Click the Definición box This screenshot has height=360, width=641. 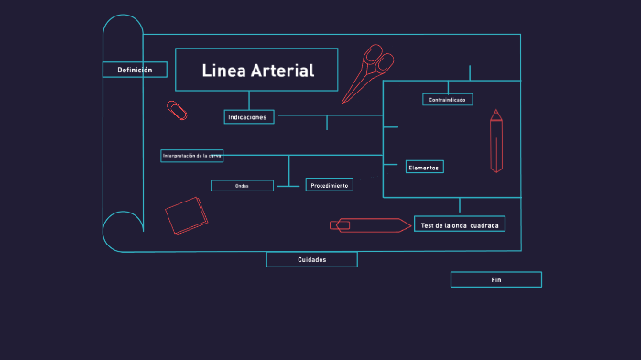135,70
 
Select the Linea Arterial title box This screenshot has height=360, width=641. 256,70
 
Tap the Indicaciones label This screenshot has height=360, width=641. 248,117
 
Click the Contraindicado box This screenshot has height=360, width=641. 447,99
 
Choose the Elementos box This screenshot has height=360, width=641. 424,167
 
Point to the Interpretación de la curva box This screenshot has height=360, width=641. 191,156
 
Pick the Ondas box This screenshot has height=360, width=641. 242,186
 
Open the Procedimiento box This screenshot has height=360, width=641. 329,185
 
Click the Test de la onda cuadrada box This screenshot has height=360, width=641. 459,224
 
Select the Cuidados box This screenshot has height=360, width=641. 311,259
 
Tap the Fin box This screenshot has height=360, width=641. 495,279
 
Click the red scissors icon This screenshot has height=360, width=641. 368,71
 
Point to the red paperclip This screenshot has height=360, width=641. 177,110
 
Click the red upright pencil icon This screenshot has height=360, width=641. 495,141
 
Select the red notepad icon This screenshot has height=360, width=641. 187,216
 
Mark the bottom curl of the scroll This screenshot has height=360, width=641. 122,230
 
